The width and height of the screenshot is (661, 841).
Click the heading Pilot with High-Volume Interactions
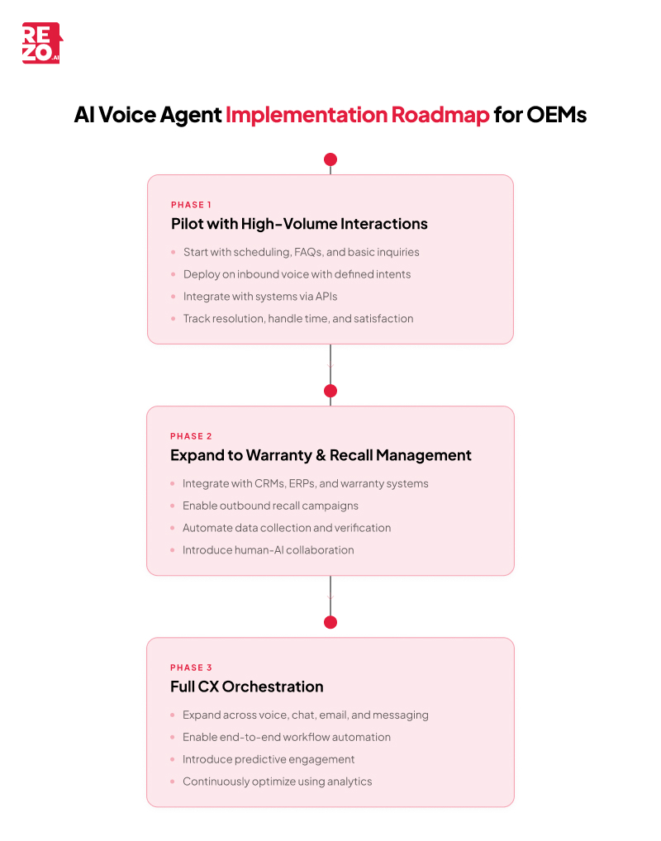(x=299, y=224)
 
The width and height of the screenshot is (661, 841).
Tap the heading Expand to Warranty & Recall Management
(x=321, y=455)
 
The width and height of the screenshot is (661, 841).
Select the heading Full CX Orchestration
(x=247, y=687)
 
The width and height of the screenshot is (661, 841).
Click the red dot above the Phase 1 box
(x=330, y=159)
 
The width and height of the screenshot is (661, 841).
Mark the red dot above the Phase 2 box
(x=330, y=391)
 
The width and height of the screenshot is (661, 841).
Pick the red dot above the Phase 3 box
(x=330, y=622)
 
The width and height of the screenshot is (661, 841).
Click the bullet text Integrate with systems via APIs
(x=260, y=297)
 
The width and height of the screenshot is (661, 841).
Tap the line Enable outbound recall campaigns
(x=270, y=506)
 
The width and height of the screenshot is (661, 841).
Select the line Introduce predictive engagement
(x=269, y=759)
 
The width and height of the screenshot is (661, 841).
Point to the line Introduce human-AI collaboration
(x=268, y=550)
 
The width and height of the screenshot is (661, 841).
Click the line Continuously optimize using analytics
(x=277, y=782)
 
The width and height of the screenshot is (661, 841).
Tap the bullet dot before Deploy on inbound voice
(x=174, y=274)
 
